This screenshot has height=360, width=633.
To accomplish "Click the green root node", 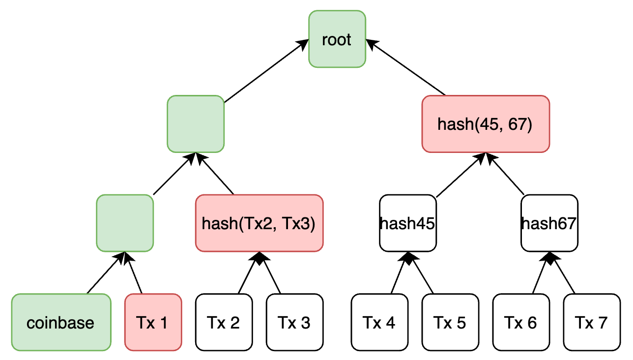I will (x=337, y=39).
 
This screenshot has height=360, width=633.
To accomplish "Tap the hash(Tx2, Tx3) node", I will (x=259, y=223).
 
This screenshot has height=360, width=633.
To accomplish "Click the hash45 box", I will (x=408, y=223).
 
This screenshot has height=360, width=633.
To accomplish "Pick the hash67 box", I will (x=549, y=223).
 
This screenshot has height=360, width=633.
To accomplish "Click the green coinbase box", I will (x=61, y=322).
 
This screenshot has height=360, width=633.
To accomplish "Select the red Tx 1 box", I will (x=153, y=322).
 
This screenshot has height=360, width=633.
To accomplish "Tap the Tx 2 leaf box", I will (x=224, y=322).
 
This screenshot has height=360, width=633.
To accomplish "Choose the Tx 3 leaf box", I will (x=294, y=322).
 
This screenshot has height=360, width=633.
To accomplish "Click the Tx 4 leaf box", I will (x=379, y=322).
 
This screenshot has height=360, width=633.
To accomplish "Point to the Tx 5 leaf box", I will (x=450, y=322).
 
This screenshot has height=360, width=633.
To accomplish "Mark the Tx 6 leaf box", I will (x=521, y=322).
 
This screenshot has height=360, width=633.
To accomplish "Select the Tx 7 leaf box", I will (x=591, y=322).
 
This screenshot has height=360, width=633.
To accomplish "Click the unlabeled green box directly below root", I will (x=196, y=123).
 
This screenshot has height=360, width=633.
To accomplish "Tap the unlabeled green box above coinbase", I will (x=125, y=223).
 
